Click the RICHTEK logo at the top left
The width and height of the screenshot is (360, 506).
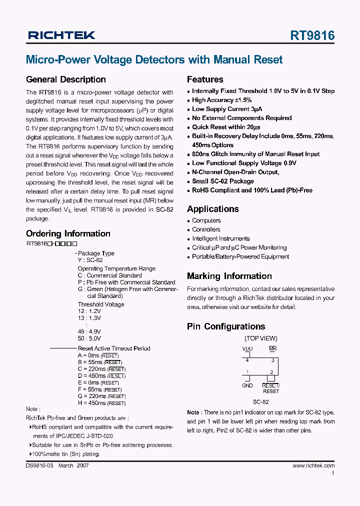coord(61,35)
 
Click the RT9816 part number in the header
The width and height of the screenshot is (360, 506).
coord(312,35)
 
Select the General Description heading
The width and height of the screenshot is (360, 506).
coord(65,79)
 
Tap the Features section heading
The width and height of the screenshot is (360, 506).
coord(205,79)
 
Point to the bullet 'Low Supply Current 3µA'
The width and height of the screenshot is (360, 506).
coord(227,109)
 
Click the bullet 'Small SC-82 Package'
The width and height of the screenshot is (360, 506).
coord(223,181)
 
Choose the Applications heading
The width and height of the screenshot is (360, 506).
coord(213,209)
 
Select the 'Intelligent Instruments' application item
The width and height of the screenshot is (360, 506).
coord(221,238)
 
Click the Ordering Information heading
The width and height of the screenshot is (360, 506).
coord(68,233)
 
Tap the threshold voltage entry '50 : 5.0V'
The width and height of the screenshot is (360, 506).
coord(89,337)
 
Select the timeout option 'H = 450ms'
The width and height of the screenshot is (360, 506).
coord(101,403)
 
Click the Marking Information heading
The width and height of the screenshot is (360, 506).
coord(229,276)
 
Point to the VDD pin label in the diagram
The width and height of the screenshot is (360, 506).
coord(247,348)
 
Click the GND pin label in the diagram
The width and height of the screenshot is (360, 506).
coord(247,385)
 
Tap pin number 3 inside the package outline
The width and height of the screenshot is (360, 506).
coord(272,360)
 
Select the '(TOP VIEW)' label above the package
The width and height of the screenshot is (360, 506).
coord(260,338)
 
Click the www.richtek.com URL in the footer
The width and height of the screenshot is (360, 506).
coord(313,465)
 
